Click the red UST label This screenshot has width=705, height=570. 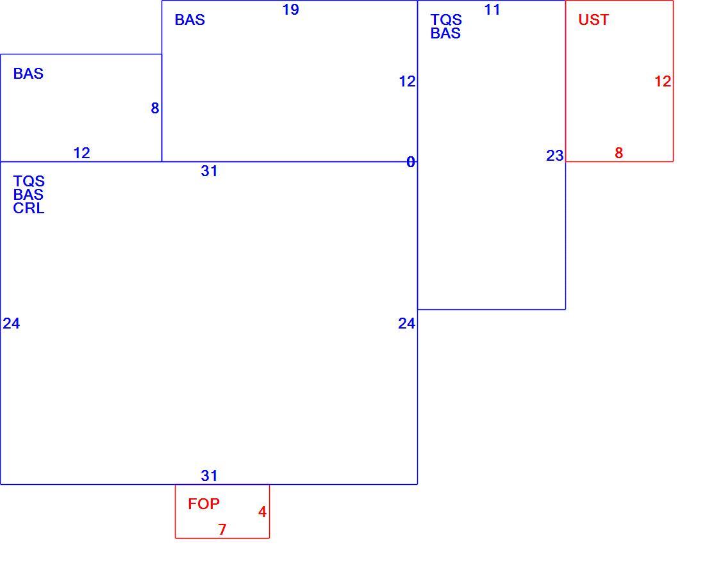[593, 20]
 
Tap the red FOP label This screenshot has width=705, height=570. [204, 504]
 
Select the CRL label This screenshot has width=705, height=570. [29, 208]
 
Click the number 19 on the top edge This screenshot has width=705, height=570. [290, 10]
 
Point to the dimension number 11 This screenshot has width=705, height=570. [492, 10]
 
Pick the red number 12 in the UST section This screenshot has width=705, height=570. [663, 81]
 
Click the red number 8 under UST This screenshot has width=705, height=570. [618, 153]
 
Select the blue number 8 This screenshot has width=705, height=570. [154, 108]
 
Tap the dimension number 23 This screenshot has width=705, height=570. [555, 156]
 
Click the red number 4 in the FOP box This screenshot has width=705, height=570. [262, 512]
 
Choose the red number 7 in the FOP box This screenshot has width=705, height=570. [222, 530]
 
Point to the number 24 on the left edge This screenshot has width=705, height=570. [12, 323]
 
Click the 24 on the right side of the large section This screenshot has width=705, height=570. [406, 323]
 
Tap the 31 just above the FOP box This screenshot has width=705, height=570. [209, 476]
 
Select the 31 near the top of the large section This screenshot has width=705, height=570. [209, 171]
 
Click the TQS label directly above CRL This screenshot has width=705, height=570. [29, 181]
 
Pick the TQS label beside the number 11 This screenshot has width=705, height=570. [446, 20]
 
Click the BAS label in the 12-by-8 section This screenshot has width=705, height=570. [28, 74]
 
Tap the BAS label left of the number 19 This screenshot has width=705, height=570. [190, 20]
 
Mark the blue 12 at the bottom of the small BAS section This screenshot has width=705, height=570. [82, 153]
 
